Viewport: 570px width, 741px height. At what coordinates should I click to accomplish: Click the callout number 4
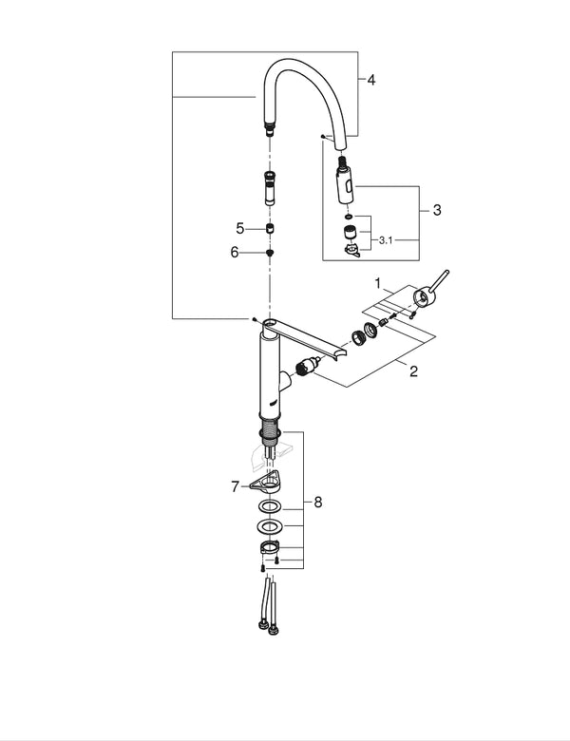pos(371,81)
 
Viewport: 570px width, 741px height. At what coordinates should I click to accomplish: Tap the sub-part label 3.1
pos(386,241)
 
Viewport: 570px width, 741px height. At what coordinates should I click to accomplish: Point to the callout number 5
pos(241,229)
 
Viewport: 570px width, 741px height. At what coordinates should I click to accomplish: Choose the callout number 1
pos(377,284)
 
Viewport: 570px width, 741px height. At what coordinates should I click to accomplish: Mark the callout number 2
pos(413,370)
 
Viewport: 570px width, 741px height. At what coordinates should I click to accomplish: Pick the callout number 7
pos(234,487)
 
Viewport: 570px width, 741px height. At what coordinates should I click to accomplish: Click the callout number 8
pos(318,502)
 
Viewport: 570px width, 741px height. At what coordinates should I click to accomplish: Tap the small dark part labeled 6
pos(270,253)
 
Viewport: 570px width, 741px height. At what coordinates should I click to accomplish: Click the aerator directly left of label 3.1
pos(351,231)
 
